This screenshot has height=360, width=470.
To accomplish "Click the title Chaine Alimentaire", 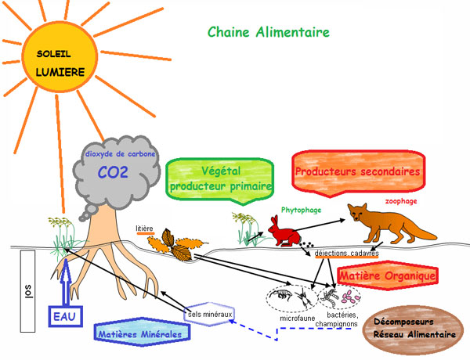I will point(269,32).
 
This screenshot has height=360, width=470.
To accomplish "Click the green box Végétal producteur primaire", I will point(220,178).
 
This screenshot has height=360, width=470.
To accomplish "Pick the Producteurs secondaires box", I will point(358,171).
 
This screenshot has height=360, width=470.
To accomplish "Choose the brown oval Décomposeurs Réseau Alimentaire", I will point(415,328).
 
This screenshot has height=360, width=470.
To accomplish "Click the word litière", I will point(145,229).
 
